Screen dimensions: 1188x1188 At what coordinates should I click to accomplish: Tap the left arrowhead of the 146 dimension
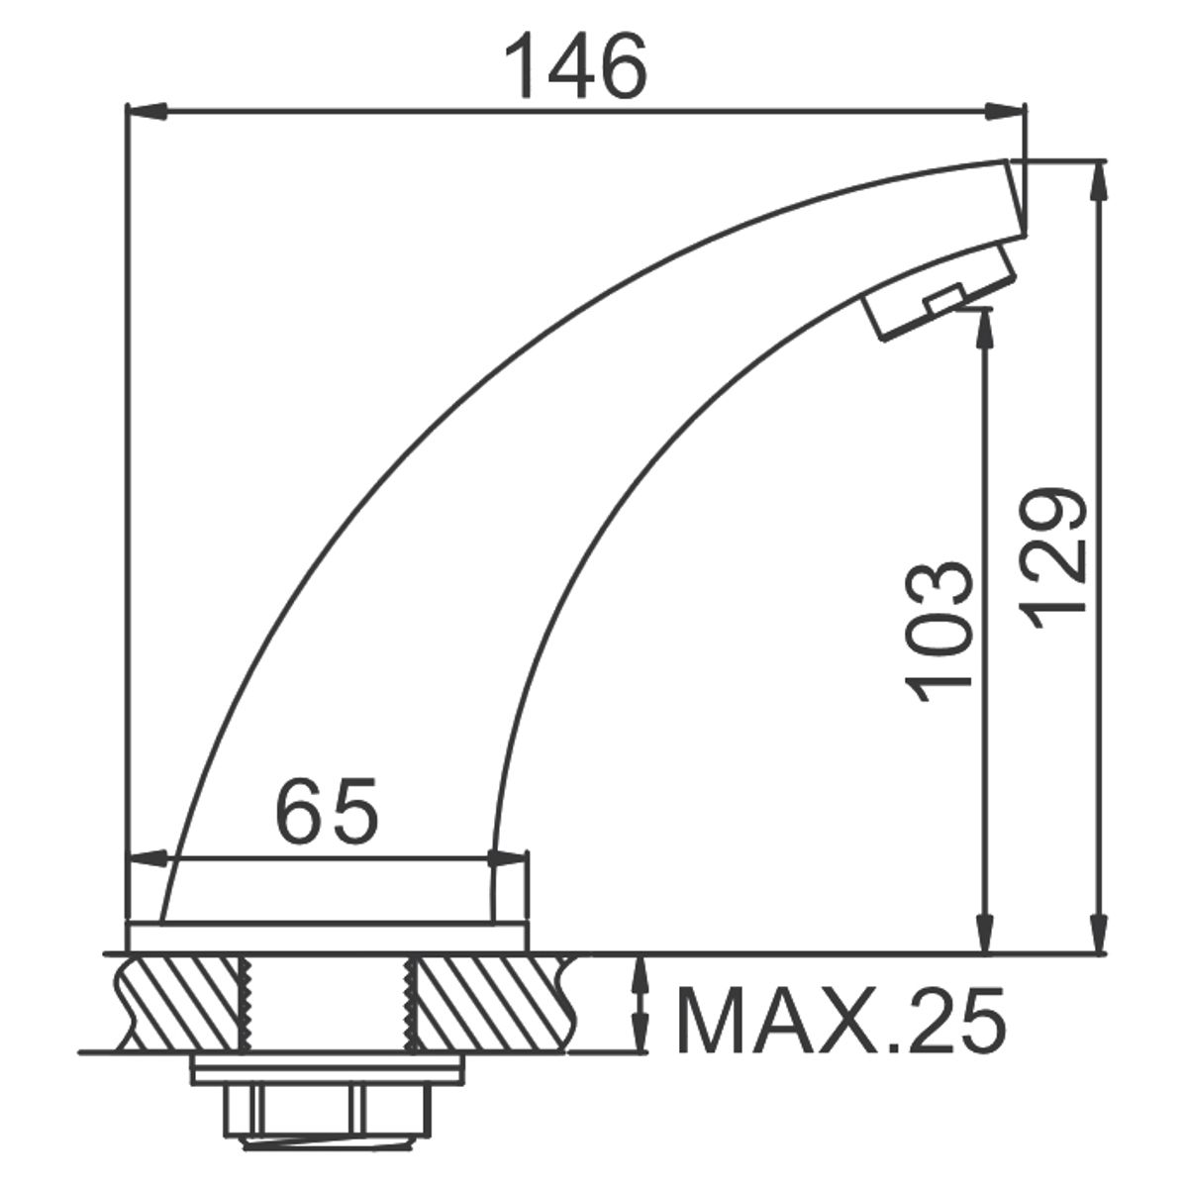[147, 112]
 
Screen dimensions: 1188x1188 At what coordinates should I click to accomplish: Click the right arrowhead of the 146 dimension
[1006, 112]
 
